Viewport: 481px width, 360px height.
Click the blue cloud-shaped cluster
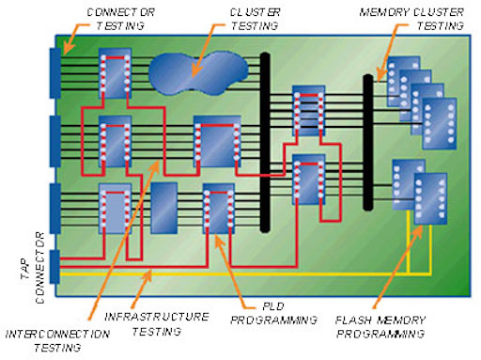click(200, 71)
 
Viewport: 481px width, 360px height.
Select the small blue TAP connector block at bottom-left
click(54, 268)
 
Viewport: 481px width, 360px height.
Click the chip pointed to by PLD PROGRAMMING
click(218, 209)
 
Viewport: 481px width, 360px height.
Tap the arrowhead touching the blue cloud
click(193, 70)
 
